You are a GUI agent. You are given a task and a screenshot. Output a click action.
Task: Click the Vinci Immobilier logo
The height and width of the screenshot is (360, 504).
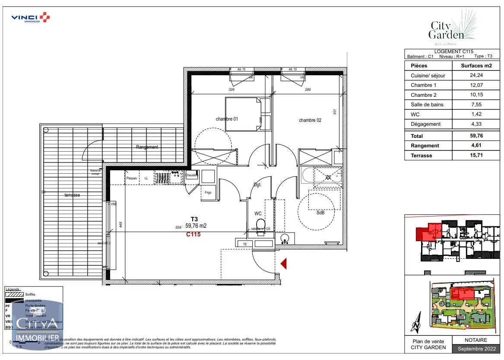point(30,18)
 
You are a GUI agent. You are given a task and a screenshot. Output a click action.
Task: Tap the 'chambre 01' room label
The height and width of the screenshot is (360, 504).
point(227,119)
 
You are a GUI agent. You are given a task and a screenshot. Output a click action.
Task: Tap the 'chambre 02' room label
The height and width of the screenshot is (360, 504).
point(310,120)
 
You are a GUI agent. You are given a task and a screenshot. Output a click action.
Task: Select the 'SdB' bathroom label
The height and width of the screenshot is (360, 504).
point(320,213)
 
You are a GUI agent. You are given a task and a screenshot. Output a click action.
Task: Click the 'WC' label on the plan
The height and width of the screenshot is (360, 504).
point(258,213)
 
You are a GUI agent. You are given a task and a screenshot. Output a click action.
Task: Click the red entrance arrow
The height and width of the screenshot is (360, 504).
point(284,263)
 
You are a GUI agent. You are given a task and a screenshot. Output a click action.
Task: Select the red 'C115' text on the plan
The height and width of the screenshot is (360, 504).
point(193,235)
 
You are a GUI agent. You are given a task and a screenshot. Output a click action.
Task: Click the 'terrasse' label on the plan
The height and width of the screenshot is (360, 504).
point(72,195)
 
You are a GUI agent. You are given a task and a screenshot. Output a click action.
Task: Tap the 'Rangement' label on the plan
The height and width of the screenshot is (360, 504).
point(147,147)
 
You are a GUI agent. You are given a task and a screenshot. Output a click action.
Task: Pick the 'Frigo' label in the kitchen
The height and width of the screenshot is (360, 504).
point(208,192)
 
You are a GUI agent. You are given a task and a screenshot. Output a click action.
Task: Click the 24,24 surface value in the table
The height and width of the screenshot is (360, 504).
point(476,75)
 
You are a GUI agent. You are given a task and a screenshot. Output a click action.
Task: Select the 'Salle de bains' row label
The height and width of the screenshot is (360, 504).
point(427,105)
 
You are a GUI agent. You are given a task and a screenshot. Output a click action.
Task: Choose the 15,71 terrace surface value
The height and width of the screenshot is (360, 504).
point(476,156)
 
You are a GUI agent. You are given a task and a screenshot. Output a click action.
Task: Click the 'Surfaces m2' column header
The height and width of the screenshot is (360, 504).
point(476,66)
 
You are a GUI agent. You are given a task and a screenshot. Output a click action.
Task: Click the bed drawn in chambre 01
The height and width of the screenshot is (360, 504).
point(243,114)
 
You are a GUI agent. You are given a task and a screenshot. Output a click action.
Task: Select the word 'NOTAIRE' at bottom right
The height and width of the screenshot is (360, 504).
point(476,340)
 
